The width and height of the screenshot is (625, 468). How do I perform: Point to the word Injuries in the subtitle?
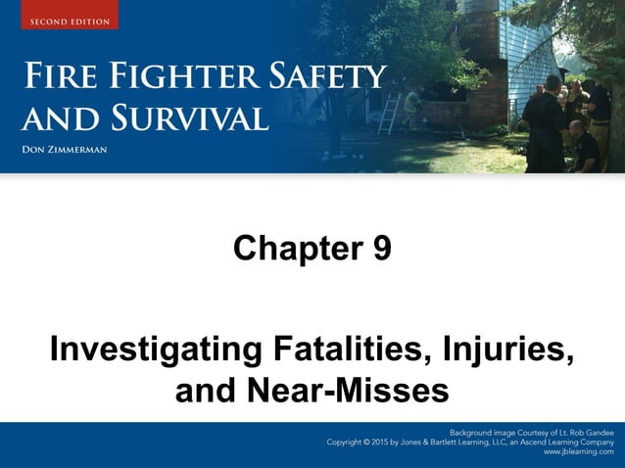[x=508, y=351]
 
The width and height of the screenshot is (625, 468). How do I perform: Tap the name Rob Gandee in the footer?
[x=586, y=432]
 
